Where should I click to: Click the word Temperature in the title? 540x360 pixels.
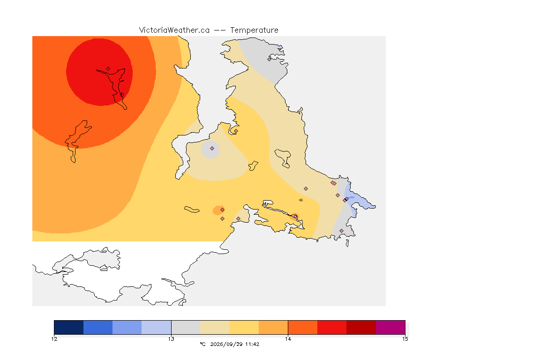point(254,30)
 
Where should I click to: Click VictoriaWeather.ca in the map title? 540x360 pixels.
point(174,30)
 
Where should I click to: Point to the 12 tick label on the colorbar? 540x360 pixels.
point(54,339)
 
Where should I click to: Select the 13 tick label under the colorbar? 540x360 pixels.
point(171,339)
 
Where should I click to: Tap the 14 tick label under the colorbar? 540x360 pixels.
point(288,339)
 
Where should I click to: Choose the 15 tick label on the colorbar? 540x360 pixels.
point(405,339)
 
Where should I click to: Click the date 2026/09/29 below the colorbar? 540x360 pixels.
point(226,344)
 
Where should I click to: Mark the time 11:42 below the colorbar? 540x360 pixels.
point(252,344)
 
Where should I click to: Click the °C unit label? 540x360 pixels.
point(202,344)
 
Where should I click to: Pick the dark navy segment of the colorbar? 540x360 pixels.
point(69,327)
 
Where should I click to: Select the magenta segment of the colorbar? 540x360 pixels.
point(390,327)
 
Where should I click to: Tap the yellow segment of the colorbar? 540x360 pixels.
point(244,327)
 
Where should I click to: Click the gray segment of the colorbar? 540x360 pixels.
point(186,327)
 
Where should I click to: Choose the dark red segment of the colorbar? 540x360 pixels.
point(361,327)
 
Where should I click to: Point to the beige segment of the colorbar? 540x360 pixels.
point(215,327)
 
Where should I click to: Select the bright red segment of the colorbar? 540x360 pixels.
point(332,327)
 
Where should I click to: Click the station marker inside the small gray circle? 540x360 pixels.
point(212,149)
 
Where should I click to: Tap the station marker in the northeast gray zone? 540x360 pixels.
point(270,59)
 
